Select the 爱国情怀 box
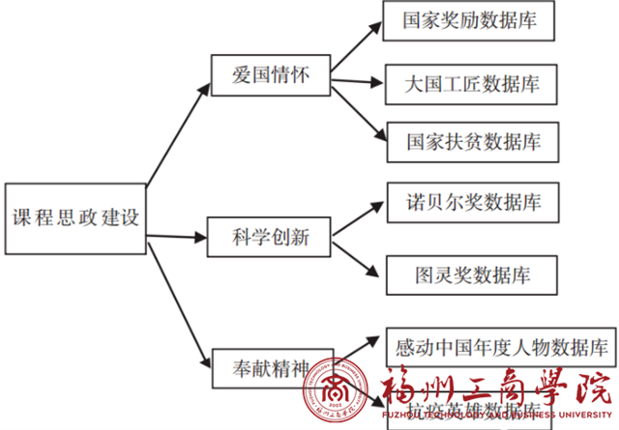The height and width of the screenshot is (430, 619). tap(272, 76)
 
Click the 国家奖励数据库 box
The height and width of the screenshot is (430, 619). tap(469, 20)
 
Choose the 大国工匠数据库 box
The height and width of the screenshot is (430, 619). tap(472, 83)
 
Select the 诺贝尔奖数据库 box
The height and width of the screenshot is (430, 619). tap(473, 202)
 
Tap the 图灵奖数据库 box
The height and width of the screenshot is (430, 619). tap(472, 273)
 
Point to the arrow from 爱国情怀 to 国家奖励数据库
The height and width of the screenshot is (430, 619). tap(353, 44)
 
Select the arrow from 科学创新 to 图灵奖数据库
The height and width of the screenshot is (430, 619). tap(356, 253)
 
